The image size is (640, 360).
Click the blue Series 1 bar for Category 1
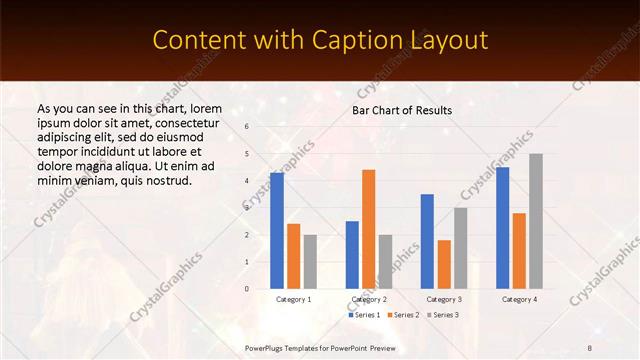(x=277, y=231)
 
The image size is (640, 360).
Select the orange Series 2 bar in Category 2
(x=368, y=229)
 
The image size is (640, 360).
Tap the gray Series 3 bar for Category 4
(x=536, y=221)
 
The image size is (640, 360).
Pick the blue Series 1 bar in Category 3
(x=427, y=241)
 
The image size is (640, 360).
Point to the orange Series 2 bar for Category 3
(x=444, y=264)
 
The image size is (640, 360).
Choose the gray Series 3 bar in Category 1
(x=310, y=262)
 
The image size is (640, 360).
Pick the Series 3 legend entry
(x=443, y=315)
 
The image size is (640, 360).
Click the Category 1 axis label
(x=294, y=299)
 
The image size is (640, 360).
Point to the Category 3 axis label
(x=444, y=299)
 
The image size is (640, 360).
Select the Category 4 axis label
(x=519, y=299)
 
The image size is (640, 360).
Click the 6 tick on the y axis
(x=247, y=127)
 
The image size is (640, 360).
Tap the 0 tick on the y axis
(x=247, y=289)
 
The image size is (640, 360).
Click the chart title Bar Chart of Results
(x=402, y=110)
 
